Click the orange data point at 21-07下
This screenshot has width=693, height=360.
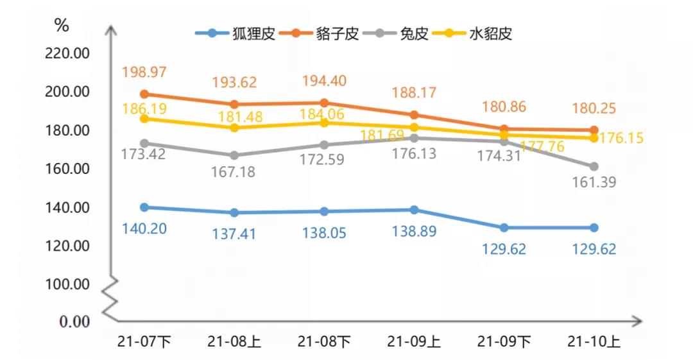pyautogui.click(x=144, y=94)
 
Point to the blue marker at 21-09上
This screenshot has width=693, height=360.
pyautogui.click(x=414, y=210)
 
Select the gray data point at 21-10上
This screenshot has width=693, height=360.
pyautogui.click(x=594, y=166)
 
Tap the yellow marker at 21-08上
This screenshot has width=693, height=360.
pyautogui.click(x=234, y=128)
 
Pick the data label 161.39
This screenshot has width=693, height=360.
pyautogui.click(x=594, y=183)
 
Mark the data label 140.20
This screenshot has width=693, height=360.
pyautogui.click(x=144, y=228)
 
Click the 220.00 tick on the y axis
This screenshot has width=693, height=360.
pyautogui.click(x=67, y=53)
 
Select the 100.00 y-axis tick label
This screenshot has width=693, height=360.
pyautogui.click(x=67, y=284)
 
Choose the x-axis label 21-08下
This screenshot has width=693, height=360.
pyautogui.click(x=324, y=341)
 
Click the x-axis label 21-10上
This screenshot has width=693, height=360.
pyautogui.click(x=594, y=341)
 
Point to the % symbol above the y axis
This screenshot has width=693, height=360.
pyautogui.click(x=62, y=26)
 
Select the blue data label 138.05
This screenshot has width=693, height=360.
pyautogui.click(x=324, y=233)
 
